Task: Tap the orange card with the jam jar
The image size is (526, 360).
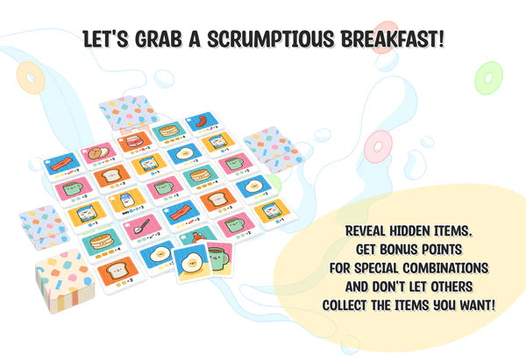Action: tap(129, 144)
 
